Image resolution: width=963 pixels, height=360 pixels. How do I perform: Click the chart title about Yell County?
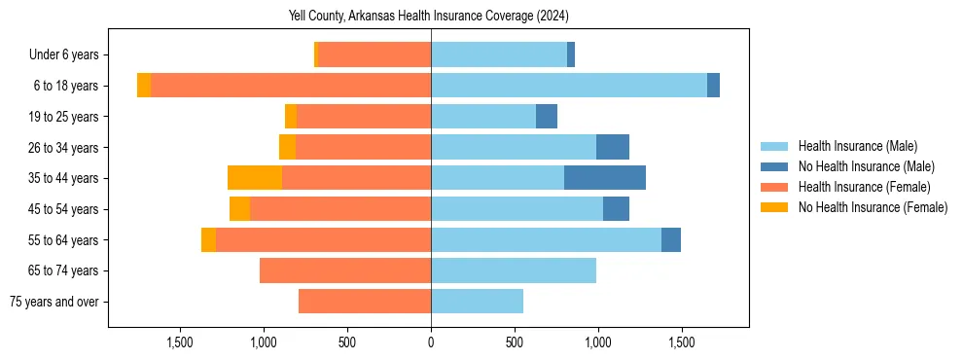[x=429, y=17]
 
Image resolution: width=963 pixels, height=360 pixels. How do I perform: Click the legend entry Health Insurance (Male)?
[x=857, y=146]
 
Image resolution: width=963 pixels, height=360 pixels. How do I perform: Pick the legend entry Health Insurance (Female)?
[x=864, y=187]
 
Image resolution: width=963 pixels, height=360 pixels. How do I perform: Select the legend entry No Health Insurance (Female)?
[x=873, y=207]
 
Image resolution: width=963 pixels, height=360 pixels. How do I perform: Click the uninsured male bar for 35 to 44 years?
[x=605, y=178]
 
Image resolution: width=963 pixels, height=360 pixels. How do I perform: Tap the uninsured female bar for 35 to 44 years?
[x=255, y=178]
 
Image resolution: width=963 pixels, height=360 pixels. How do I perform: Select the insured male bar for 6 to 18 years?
[x=569, y=86]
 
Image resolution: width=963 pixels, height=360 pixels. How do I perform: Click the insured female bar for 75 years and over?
[x=365, y=302]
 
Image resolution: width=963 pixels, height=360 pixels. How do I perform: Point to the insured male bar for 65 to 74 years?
[x=514, y=270]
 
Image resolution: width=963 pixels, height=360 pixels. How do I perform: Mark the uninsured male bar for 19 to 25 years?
[x=547, y=117]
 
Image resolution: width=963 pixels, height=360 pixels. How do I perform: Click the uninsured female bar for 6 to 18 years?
[x=144, y=86]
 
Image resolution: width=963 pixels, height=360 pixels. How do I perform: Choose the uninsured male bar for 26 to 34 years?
[x=613, y=147]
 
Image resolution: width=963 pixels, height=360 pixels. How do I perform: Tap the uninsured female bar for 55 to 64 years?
[x=208, y=239]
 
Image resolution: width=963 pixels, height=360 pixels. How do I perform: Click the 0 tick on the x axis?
[x=431, y=342]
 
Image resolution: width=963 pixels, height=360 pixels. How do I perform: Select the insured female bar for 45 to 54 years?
[x=340, y=209]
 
